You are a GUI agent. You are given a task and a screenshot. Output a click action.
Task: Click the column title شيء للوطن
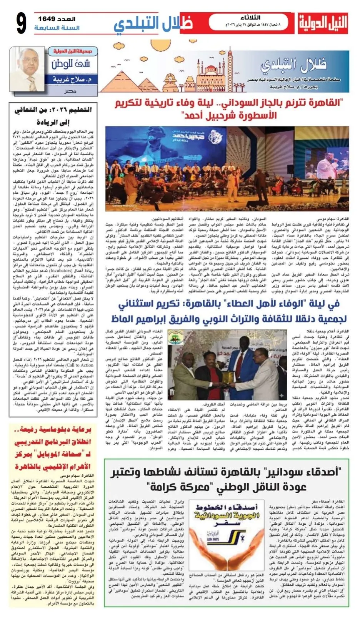tap(71, 64)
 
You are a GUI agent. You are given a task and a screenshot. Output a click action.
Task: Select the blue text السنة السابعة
tap(57, 28)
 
